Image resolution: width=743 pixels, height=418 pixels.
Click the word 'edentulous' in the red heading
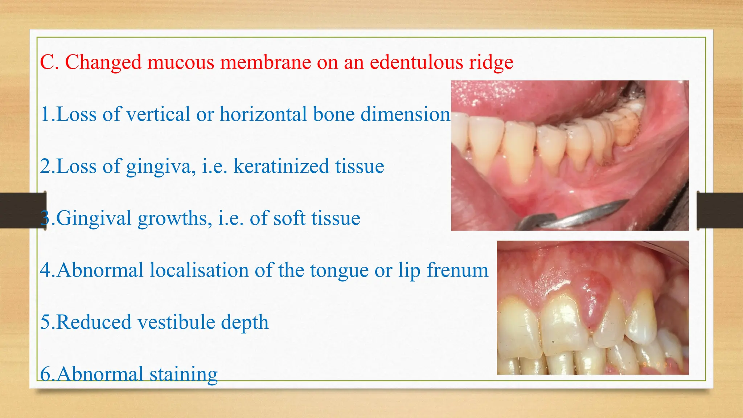pos(416,62)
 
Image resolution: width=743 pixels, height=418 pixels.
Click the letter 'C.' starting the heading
pos(49,62)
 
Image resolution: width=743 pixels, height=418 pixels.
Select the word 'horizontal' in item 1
pos(263,114)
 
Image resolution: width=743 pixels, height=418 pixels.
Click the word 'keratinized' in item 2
pos(281,167)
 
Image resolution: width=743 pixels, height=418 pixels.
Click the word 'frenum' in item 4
pos(457,271)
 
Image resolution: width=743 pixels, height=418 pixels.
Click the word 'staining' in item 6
pos(183,374)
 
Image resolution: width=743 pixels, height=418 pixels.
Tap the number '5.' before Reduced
pos(47,323)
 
